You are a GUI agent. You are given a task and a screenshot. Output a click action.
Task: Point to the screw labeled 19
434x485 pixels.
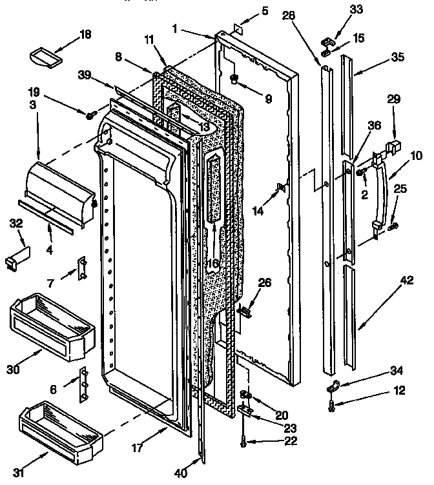pos(90,115)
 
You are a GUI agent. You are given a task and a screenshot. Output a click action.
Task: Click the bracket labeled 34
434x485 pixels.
pos(335,387)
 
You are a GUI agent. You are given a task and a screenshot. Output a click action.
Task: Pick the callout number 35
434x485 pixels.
pos(398,57)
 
